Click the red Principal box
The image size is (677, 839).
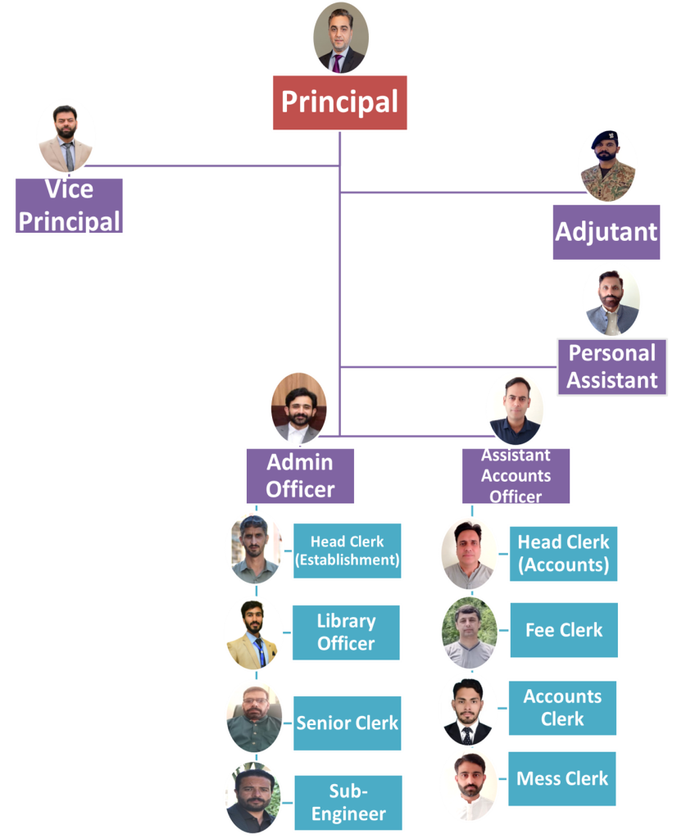(339, 102)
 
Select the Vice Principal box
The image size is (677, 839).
(70, 206)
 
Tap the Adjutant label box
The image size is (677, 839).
(607, 232)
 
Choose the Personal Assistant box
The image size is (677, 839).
(612, 366)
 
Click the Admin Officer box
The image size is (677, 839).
(300, 475)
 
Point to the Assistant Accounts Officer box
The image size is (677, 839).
(516, 475)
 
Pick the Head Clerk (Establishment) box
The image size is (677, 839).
(347, 551)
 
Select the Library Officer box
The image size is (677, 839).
(346, 633)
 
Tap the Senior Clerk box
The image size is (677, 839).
(347, 723)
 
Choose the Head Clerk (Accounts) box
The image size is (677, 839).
(563, 553)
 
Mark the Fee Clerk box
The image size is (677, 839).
(563, 630)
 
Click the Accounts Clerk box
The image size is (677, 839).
(562, 707)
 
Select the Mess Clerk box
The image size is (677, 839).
(562, 778)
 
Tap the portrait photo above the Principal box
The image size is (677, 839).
(340, 38)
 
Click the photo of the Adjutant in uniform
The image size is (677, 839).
(607, 165)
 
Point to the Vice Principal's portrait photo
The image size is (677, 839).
(66, 137)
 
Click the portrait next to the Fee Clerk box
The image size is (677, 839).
(470, 632)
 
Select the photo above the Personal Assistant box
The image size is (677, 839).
(611, 300)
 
